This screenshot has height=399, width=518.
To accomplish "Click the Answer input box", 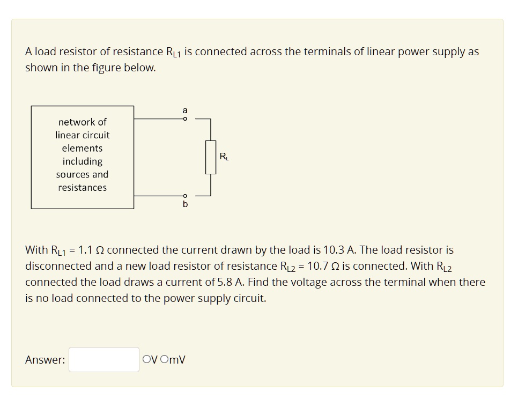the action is [103, 359].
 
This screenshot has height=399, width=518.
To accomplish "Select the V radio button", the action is [146, 360].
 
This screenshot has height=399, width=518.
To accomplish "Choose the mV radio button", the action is [164, 360].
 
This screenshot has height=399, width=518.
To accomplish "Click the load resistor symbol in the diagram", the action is [211, 157].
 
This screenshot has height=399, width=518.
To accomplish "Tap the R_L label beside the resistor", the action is [224, 157].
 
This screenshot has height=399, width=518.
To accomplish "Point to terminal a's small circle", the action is [185, 119].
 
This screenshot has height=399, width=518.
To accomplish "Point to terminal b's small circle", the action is [185, 196].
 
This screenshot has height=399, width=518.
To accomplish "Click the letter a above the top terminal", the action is [185, 110].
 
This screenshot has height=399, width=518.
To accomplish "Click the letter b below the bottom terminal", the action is [185, 204].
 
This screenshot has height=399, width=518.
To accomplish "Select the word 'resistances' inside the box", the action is [82, 188].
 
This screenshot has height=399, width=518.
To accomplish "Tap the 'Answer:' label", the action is [45, 360].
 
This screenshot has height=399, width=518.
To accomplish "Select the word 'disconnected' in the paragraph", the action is [57, 266].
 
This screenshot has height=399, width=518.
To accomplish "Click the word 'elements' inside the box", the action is [82, 148].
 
